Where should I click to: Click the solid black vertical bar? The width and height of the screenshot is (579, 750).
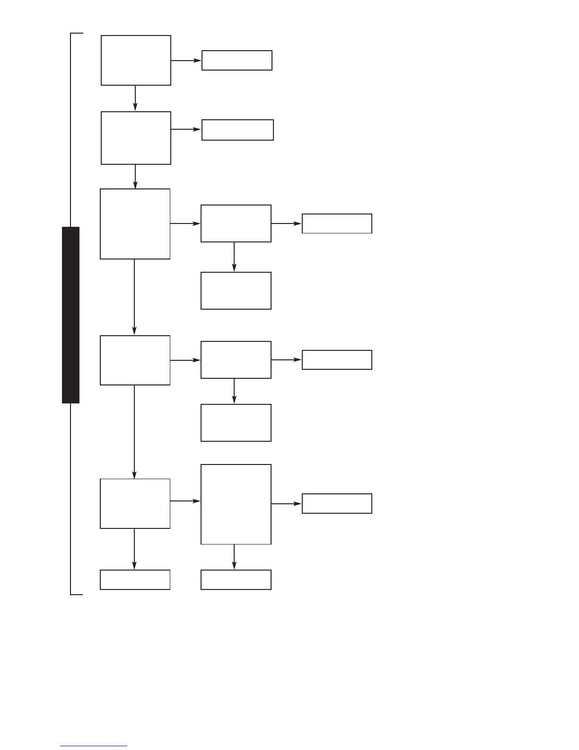[x=70, y=315]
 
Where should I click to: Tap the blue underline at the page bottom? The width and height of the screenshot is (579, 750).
[x=94, y=746]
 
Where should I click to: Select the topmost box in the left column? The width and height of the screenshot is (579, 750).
[x=136, y=60]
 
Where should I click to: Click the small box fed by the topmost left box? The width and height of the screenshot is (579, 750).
[x=237, y=60]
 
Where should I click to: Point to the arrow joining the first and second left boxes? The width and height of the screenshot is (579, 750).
[x=135, y=98]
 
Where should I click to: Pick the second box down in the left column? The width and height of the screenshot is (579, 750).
[x=136, y=138]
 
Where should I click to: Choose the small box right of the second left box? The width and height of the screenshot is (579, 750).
[x=237, y=130]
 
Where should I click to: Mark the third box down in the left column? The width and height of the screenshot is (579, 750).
[x=135, y=224]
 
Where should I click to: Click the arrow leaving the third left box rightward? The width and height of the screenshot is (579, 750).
[x=185, y=223]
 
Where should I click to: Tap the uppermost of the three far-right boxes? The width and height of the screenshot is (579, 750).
[x=337, y=223]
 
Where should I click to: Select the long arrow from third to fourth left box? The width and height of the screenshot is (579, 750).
[x=134, y=297]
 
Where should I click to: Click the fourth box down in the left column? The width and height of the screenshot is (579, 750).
[x=135, y=360]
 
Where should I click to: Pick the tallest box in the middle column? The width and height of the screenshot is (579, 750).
[x=236, y=504]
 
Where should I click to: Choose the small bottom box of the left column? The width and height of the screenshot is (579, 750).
[x=135, y=580]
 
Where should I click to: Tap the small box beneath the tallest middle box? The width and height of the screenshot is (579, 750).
[x=236, y=580]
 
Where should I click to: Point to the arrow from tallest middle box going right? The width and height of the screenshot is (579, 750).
[x=286, y=504]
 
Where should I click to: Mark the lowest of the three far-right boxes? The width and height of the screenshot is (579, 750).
[x=337, y=503]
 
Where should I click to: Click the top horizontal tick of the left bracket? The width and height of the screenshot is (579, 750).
[x=77, y=34]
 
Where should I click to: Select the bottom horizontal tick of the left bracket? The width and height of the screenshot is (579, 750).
[x=77, y=594]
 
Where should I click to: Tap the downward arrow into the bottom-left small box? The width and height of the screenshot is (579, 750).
[x=134, y=549]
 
